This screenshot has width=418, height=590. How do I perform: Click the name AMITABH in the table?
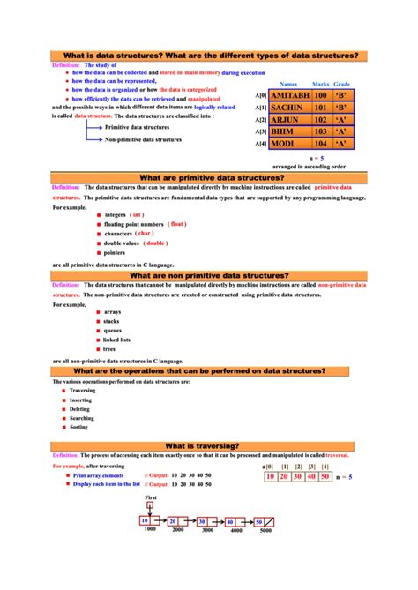[290, 94]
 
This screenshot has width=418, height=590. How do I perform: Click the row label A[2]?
[261, 120]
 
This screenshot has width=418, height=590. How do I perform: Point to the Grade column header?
[342, 83]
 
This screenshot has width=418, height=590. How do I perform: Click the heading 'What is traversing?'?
[208, 446]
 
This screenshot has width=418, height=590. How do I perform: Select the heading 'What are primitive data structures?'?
[209, 177]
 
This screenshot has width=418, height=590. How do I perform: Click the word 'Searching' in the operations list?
[85, 418]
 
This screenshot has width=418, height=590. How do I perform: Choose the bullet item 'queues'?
[112, 331]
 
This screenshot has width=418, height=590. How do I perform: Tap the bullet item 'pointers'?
[116, 252]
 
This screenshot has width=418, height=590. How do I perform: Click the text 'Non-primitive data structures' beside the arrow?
[144, 139]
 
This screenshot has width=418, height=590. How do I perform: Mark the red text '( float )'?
[178, 224]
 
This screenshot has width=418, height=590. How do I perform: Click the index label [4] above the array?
[325, 466]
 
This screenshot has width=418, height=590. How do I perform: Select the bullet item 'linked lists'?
[116, 340]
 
